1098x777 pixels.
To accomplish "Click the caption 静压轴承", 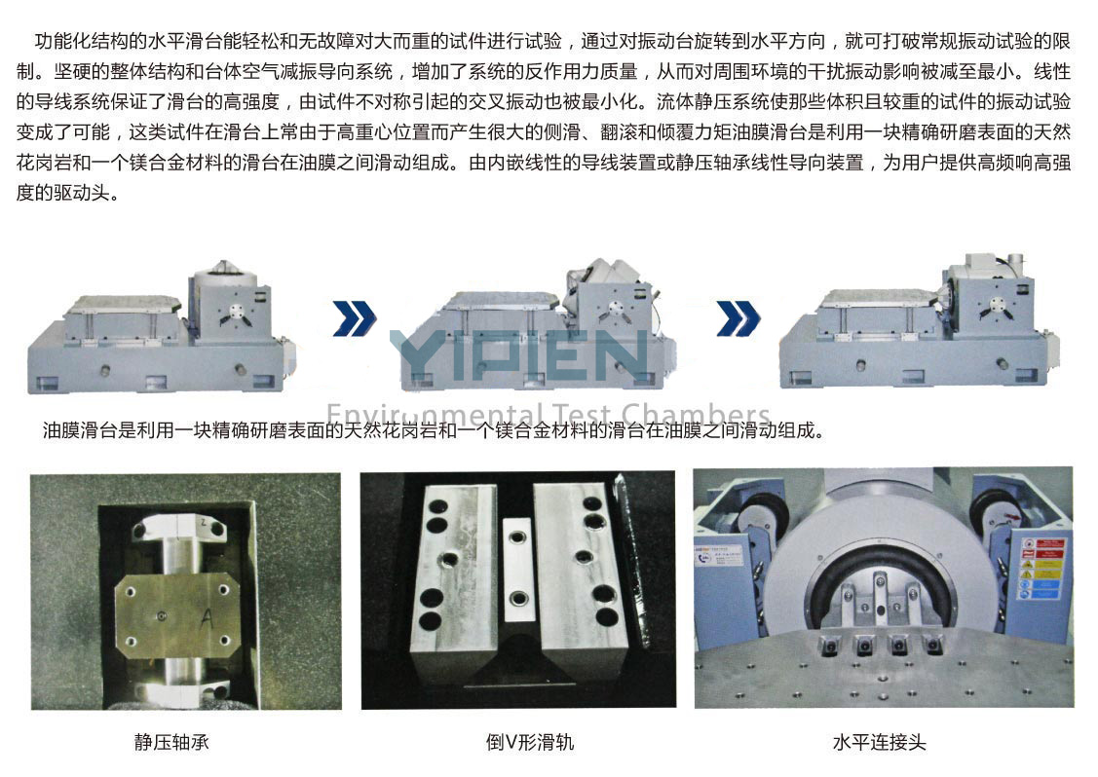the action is (171, 742).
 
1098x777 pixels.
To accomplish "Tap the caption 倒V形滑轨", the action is (529, 742).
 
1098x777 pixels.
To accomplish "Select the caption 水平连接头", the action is (879, 742).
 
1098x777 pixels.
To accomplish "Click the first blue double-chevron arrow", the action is (355, 318).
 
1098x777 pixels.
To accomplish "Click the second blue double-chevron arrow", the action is (738, 318).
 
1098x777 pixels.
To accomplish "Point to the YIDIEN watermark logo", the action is (518, 354).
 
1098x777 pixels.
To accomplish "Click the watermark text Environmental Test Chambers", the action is (549, 415).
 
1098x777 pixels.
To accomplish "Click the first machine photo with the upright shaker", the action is (161, 327).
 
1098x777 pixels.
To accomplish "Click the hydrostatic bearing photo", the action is (186, 591).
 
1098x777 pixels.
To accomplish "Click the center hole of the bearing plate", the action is (162, 616).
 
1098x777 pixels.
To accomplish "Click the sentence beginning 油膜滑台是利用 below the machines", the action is (434, 430).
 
